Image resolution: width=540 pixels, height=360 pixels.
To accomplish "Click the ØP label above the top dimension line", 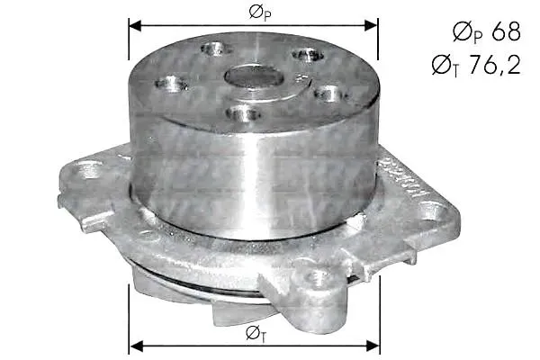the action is click(259, 13).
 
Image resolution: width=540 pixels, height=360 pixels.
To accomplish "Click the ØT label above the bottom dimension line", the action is click(256, 333).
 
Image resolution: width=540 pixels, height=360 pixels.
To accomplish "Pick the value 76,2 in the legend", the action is click(495, 65).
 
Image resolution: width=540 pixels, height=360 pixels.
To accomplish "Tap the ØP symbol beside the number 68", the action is click(468, 32).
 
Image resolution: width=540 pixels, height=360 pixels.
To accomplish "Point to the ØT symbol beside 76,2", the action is click(445, 66).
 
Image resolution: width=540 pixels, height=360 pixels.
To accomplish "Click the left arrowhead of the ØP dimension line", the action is click(135, 25).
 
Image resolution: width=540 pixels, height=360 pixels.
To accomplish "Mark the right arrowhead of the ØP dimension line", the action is click(371, 25).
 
